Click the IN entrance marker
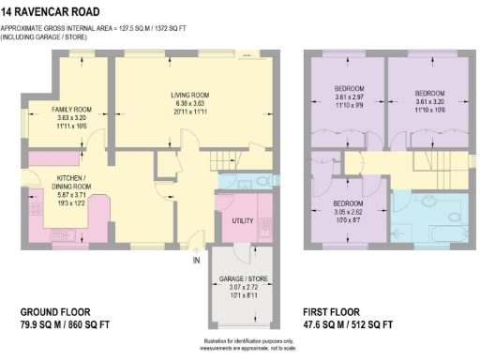pyautogui.click(x=197, y=260)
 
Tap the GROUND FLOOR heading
pyautogui.click(x=57, y=311)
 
